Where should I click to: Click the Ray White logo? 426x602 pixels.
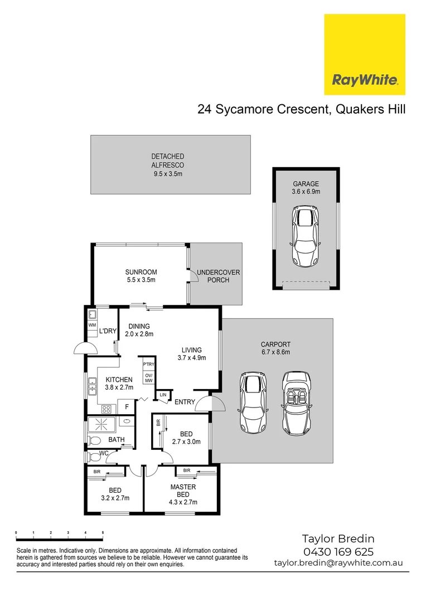pyautogui.click(x=365, y=55)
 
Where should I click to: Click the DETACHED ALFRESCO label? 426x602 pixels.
pyautogui.click(x=168, y=161)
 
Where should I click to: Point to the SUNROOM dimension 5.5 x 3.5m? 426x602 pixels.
pyautogui.click(x=141, y=280)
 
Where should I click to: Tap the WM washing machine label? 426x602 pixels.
pyautogui.click(x=91, y=324)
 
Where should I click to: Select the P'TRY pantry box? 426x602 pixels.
pyautogui.click(x=148, y=365)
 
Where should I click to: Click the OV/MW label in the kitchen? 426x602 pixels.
pyautogui.click(x=148, y=378)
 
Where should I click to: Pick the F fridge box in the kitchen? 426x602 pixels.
pyautogui.click(x=127, y=407)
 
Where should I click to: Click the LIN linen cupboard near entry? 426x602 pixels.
pyautogui.click(x=163, y=395)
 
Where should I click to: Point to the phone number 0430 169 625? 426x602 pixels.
pyautogui.click(x=338, y=552)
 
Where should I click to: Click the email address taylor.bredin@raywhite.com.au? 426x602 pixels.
pyautogui.click(x=338, y=564)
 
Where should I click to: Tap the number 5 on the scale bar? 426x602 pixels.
pyautogui.click(x=103, y=533)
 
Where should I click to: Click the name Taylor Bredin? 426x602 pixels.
pyautogui.click(x=338, y=538)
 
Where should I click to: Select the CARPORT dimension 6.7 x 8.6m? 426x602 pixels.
pyautogui.click(x=275, y=352)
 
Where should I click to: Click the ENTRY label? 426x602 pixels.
pyautogui.click(x=184, y=402)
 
